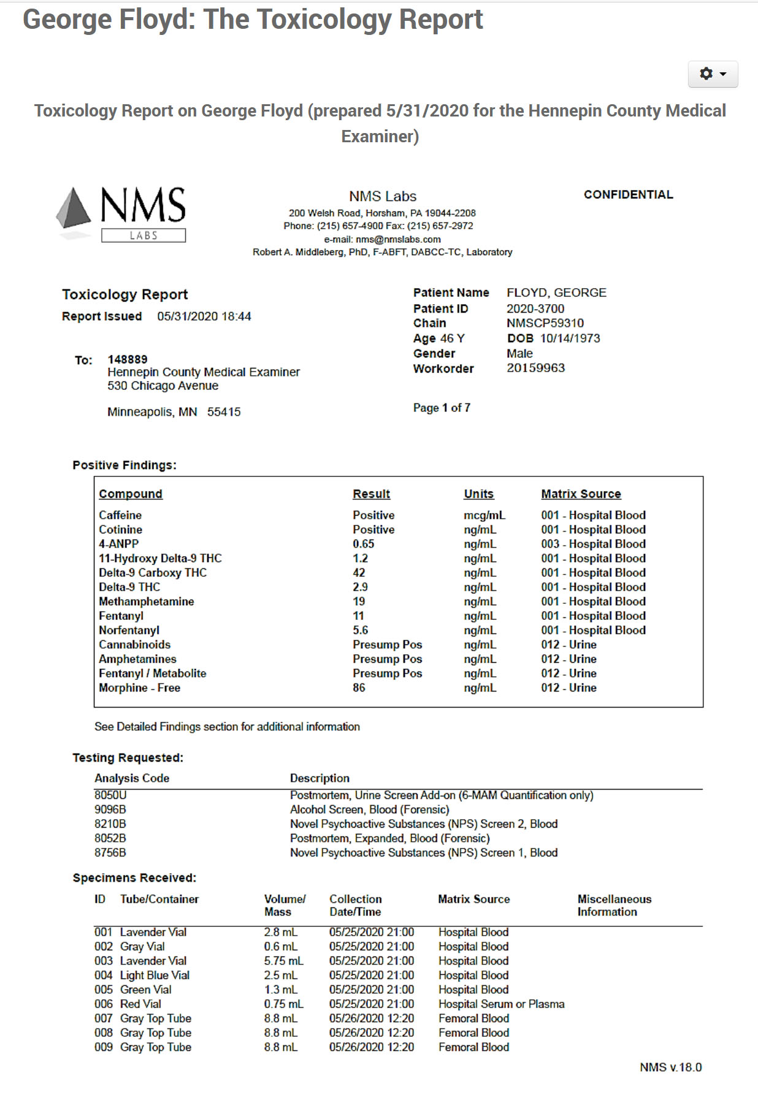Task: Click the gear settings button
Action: (713, 74)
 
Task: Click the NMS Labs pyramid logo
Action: (74, 208)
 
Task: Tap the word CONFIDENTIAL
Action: (628, 195)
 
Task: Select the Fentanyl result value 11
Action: (358, 616)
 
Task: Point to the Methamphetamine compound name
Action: (146, 602)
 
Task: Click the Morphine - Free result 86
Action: (359, 688)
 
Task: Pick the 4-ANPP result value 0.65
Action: (363, 544)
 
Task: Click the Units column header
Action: (478, 494)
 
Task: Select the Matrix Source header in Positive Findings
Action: (581, 494)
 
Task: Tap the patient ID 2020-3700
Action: (535, 309)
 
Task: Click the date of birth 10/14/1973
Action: (570, 338)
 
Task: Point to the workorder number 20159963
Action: (535, 368)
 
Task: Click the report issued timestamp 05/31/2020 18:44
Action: (204, 316)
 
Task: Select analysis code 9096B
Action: (110, 810)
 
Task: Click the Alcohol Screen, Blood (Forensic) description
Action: (369, 810)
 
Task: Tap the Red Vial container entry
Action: (140, 1004)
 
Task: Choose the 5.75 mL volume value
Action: (283, 961)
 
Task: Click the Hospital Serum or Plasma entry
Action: (501, 1004)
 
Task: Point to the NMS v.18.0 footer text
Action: (670, 1067)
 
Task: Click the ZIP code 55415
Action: (224, 412)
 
